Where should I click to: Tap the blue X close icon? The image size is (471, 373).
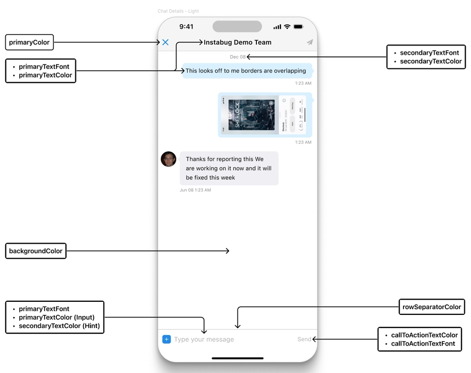click(165, 42)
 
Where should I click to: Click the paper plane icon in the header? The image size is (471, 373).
click(310, 42)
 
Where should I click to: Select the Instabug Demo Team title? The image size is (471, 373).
click(238, 42)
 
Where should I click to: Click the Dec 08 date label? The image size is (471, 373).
click(238, 57)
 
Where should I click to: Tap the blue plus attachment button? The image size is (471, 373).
click(166, 340)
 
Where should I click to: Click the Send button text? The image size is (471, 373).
click(304, 340)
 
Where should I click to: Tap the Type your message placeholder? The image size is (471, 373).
click(204, 340)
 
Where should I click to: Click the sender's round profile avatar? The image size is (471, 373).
click(169, 159)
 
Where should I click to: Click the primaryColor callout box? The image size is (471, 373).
click(29, 42)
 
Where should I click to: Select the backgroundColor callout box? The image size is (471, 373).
click(36, 251)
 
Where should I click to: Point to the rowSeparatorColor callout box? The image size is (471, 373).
click(432, 307)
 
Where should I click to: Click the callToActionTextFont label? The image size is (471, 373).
click(423, 344)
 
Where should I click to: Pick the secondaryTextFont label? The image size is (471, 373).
click(430, 53)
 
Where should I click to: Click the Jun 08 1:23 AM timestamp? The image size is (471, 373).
click(195, 190)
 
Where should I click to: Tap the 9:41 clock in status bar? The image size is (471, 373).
click(186, 27)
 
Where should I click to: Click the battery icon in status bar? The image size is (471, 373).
click(298, 27)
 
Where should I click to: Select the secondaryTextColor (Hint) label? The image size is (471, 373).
click(59, 326)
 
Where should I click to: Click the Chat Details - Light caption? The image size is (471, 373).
click(178, 11)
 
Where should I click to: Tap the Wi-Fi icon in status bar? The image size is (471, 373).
click(287, 27)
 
